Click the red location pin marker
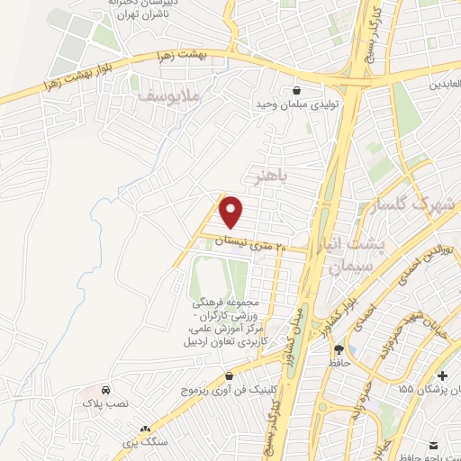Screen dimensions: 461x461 [232, 212]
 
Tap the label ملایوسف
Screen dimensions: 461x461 [173, 91]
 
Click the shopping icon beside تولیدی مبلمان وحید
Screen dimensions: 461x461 [297, 90]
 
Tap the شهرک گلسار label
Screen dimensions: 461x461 [420, 204]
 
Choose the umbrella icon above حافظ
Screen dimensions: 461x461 [338, 349]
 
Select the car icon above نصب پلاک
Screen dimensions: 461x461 [106, 392]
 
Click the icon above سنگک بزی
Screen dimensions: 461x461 [145, 429]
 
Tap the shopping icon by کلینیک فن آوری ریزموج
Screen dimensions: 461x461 [229, 375]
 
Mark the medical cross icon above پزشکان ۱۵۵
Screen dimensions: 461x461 [440, 375]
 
